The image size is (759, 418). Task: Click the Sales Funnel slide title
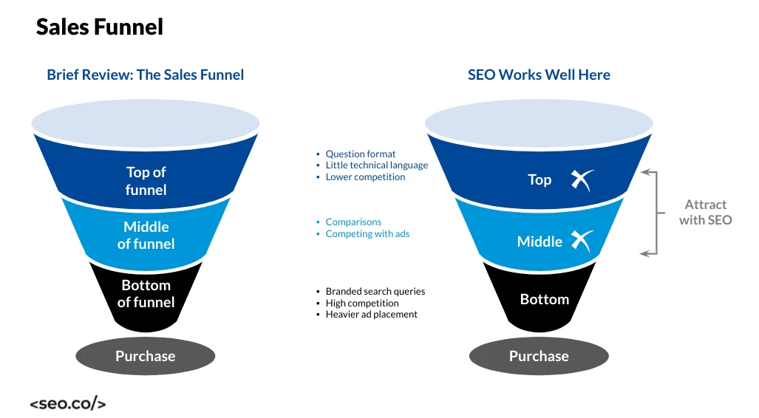click(100, 27)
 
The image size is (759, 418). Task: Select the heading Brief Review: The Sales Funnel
click(145, 75)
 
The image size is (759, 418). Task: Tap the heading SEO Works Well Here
click(539, 75)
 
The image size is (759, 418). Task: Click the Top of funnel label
click(146, 181)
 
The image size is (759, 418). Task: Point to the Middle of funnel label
click(146, 235)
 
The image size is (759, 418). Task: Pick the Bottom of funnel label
click(146, 293)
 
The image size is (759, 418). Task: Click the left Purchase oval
click(146, 356)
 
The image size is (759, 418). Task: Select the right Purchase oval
click(539, 356)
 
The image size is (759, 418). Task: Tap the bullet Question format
click(361, 154)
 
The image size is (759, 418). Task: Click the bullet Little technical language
click(376, 165)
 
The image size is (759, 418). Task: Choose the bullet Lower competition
click(365, 177)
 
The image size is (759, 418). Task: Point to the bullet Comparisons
click(353, 222)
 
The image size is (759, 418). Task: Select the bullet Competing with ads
click(367, 234)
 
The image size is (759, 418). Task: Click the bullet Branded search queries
click(375, 292)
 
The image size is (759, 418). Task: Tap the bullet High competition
click(361, 303)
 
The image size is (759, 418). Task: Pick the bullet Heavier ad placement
click(371, 315)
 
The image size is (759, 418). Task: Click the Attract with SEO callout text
click(705, 212)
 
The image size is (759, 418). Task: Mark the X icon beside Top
click(582, 179)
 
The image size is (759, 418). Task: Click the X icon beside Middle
click(582, 241)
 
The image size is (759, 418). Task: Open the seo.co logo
click(68, 404)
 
